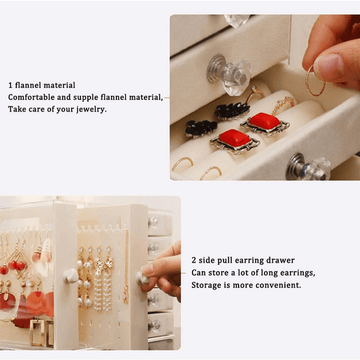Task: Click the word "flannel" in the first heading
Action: [x=28, y=85]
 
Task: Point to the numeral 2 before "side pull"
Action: [x=194, y=260]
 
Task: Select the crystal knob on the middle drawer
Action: [x=230, y=74]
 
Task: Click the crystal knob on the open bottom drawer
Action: [x=309, y=167]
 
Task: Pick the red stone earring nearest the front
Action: [x=234, y=140]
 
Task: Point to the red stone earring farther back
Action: [x=265, y=123]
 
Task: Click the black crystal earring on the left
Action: [x=201, y=128]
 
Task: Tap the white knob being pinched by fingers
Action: [x=143, y=278]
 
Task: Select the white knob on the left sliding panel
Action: [x=71, y=275]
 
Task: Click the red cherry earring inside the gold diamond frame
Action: [x=16, y=265]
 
